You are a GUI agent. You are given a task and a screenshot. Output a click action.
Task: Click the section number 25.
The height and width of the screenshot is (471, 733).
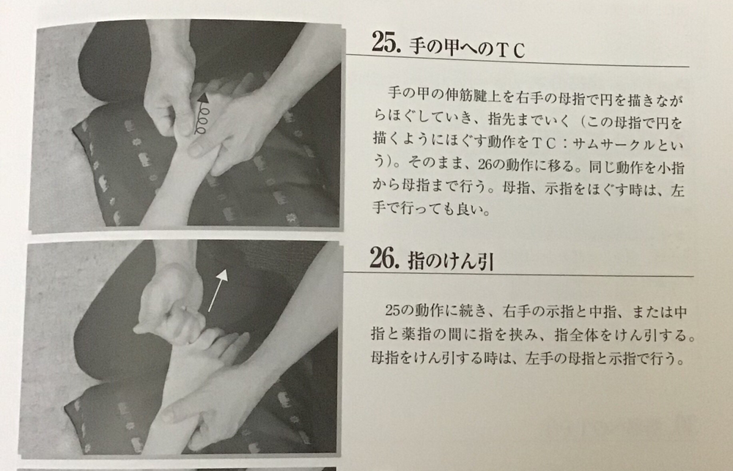(x=386, y=42)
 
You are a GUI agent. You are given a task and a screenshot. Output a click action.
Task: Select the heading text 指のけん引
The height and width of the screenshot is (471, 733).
(x=451, y=262)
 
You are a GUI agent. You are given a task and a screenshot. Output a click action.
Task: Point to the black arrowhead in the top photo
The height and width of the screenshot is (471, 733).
(x=203, y=97)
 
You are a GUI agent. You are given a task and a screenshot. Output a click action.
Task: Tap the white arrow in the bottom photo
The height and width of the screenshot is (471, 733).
(x=218, y=290)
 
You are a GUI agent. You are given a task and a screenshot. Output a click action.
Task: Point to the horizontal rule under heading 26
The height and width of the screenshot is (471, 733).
(x=519, y=274)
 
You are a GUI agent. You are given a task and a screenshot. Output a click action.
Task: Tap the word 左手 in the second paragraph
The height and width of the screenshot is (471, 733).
(x=539, y=358)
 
